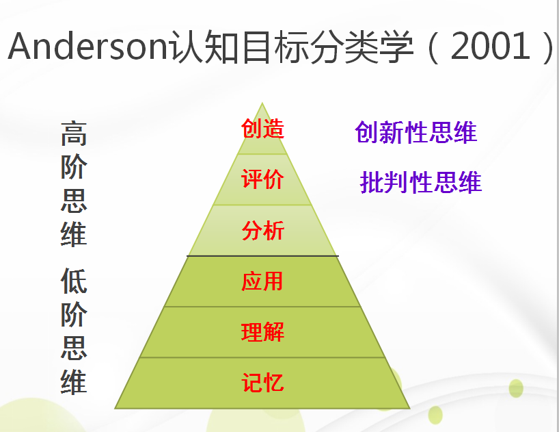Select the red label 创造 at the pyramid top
pos(262,128)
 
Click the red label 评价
pos(262,179)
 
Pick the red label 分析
pos(262,231)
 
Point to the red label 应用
pos(262,281)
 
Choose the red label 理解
pos(262,333)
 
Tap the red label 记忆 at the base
pos(262,383)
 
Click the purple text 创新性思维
pos(415,132)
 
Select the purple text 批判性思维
pos(420,183)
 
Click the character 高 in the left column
pos(74,134)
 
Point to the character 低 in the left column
pos(74,281)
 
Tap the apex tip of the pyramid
pos(262,103)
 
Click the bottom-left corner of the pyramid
pos(115,408)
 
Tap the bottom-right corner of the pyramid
pos(409,408)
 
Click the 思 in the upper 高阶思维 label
pos(74,199)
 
